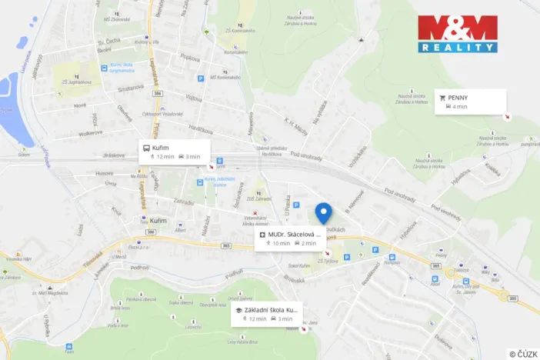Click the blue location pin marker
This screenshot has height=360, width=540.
[x=324, y=212]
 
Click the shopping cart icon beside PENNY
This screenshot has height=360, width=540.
[x=442, y=98]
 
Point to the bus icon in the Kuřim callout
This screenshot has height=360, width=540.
[x=147, y=147]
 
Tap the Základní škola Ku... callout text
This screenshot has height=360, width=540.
[x=270, y=309]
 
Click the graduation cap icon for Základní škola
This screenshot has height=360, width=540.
[x=239, y=309]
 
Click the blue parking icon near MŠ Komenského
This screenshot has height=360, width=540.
[x=202, y=78]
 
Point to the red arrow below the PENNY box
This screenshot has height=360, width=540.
[x=505, y=117]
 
